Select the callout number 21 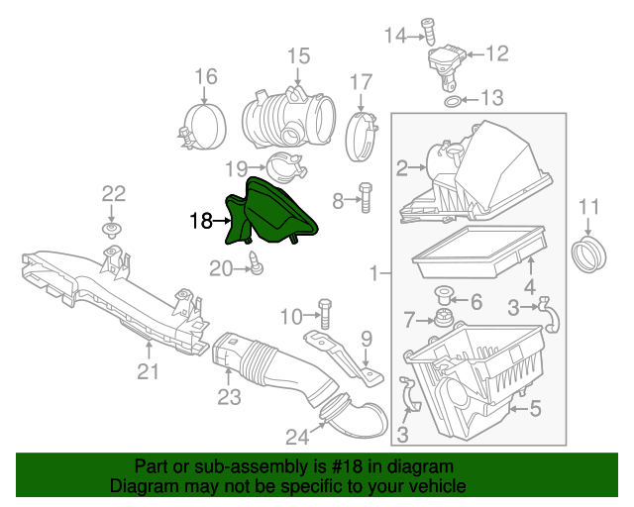(148, 371)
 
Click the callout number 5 (535, 406)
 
